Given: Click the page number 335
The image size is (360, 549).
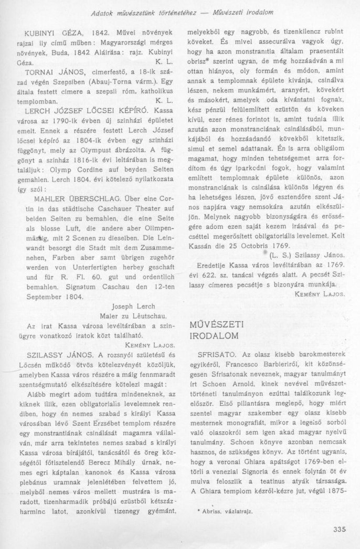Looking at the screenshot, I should tap(340, 529).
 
